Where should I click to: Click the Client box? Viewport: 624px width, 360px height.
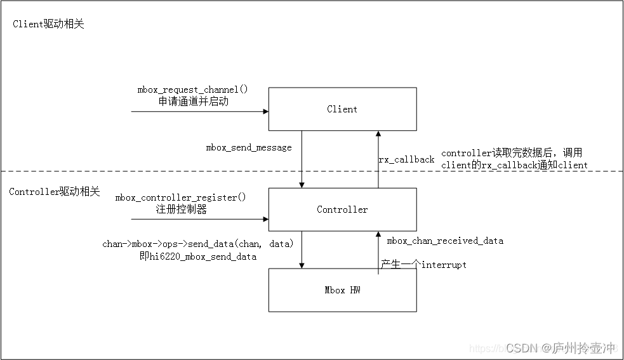pyautogui.click(x=342, y=109)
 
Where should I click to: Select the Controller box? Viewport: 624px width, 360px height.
pyautogui.click(x=342, y=210)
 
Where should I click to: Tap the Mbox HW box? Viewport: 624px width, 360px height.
pyautogui.click(x=342, y=290)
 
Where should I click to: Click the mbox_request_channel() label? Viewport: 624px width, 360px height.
pyautogui.click(x=192, y=90)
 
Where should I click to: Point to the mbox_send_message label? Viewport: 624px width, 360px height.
pyautogui.click(x=249, y=147)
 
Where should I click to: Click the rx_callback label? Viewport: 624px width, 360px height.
pyautogui.click(x=407, y=159)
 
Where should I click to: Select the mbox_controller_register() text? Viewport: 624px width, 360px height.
pyautogui.click(x=180, y=197)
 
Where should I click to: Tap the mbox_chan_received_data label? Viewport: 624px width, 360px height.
pyautogui.click(x=445, y=241)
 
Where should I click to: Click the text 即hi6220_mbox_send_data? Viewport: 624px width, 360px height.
pyautogui.click(x=198, y=257)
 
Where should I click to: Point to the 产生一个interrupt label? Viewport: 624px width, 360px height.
pyautogui.click(x=423, y=264)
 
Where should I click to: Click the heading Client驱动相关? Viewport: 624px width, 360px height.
pyautogui.click(x=48, y=24)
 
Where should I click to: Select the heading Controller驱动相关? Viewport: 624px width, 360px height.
pyautogui.click(x=55, y=192)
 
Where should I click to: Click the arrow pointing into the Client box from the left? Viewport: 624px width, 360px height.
pyautogui.click(x=199, y=112)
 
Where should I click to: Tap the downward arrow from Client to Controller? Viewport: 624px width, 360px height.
pyautogui.click(x=302, y=159)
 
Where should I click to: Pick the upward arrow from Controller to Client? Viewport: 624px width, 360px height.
pyautogui.click(x=378, y=159)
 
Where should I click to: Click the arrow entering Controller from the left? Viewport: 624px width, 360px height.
pyautogui.click(x=199, y=220)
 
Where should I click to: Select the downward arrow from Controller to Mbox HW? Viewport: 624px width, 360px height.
pyautogui.click(x=302, y=250)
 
